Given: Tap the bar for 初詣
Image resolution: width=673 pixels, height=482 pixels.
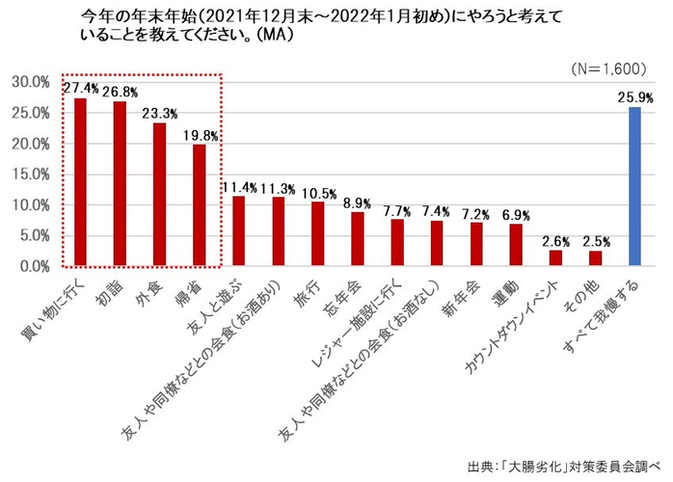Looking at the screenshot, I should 121,183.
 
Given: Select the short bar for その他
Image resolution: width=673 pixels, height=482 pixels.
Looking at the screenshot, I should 595,257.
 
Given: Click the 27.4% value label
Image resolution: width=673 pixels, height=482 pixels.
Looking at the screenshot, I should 81,88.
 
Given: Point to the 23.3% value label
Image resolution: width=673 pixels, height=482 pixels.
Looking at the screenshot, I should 160,113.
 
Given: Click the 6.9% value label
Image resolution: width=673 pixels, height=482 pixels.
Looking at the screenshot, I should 516,213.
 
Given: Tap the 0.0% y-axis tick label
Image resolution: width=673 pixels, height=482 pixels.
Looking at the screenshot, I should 32,267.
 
